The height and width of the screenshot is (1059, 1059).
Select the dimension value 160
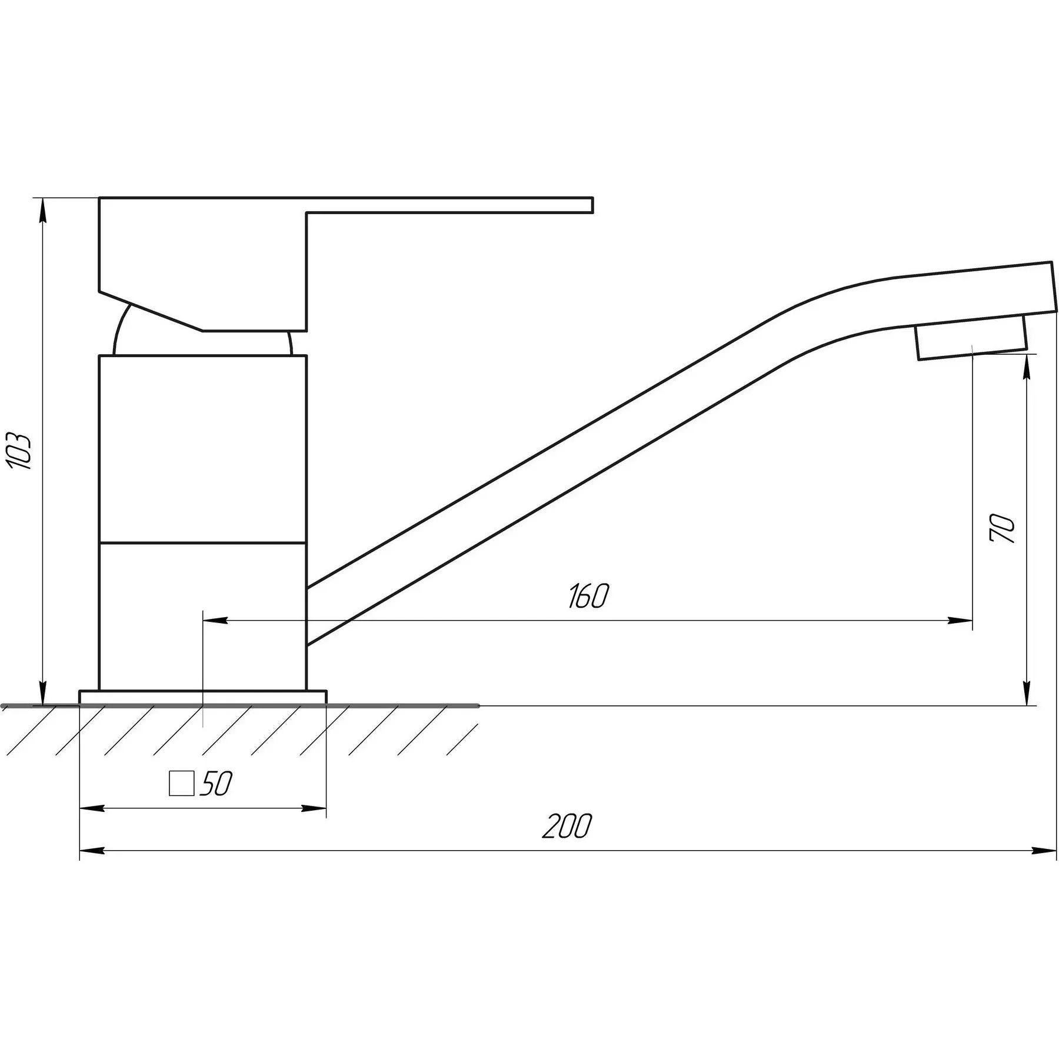click(x=588, y=596)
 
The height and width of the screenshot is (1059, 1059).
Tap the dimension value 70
click(x=1003, y=528)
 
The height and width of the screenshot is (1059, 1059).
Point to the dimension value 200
click(x=567, y=826)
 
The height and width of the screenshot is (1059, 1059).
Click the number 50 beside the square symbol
click(x=216, y=783)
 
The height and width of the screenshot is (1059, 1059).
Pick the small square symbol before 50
click(x=181, y=783)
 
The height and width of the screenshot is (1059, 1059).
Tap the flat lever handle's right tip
click(x=592, y=205)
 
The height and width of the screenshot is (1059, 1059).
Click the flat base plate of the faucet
click(x=202, y=698)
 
